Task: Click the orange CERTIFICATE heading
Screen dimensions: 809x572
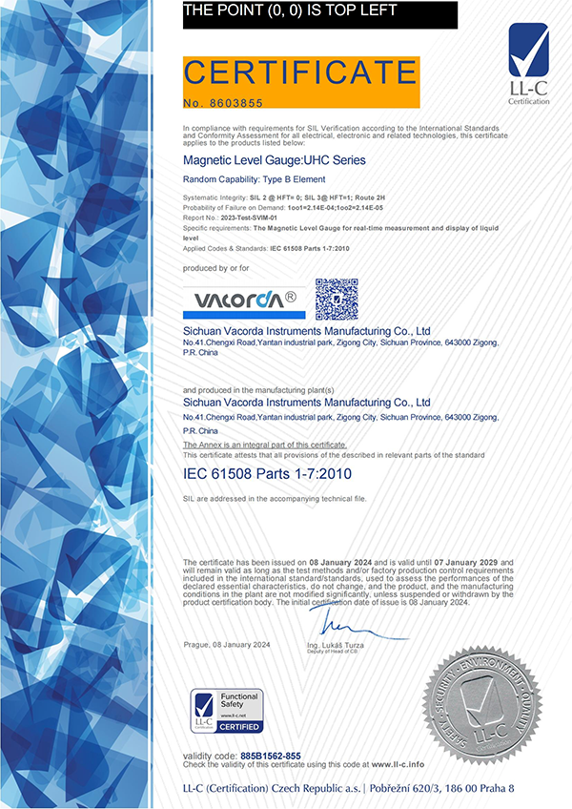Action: pos(299,72)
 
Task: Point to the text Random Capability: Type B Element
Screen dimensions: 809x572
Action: pos(255,179)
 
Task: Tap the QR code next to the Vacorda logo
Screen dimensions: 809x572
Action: pos(337,299)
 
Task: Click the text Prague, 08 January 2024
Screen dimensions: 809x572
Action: pos(227,646)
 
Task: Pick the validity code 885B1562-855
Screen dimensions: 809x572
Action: pos(271,756)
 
